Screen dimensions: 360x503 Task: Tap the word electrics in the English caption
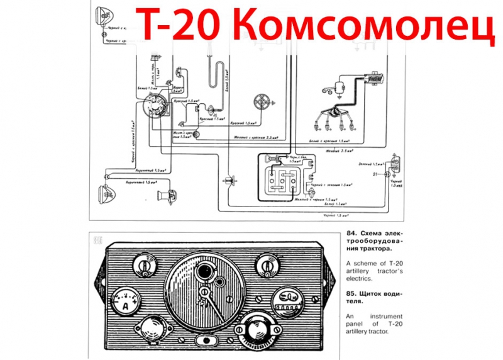[363, 278]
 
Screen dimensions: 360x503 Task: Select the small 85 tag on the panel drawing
[97, 240]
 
